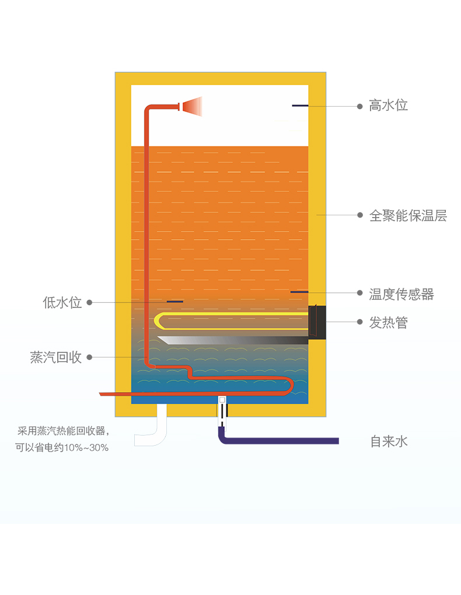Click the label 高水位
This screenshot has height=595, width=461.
point(388,106)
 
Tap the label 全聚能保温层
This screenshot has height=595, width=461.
point(408,215)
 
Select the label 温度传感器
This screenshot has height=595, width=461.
point(401,294)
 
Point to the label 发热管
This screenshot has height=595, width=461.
point(388,323)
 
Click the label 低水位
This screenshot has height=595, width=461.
point(62,302)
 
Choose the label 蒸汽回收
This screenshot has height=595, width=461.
point(56,357)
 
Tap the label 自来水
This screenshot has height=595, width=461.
point(389,442)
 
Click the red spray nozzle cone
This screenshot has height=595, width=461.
point(192,106)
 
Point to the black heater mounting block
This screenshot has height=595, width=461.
point(317,322)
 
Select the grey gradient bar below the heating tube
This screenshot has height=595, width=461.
point(233,340)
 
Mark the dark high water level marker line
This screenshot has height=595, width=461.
point(300,106)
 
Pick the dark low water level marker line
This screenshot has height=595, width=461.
point(174,302)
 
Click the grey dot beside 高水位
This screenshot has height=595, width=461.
point(359,106)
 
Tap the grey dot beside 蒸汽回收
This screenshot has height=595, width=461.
point(90,357)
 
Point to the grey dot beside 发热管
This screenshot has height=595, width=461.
point(359,322)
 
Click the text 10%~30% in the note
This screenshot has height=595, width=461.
point(86,448)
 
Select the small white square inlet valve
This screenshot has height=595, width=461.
point(222,400)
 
